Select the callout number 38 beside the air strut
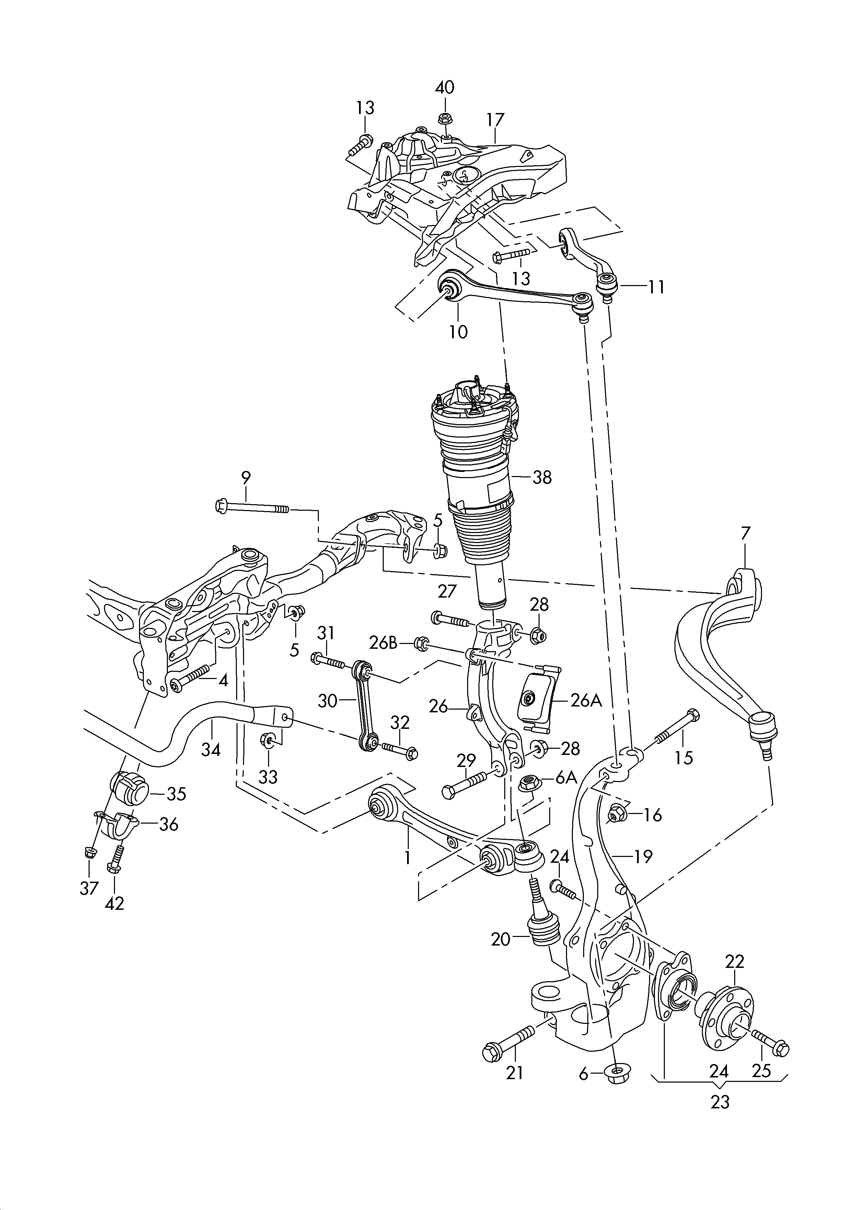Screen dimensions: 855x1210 (x=542, y=477)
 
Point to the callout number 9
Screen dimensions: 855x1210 (x=245, y=478)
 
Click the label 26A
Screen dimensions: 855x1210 (x=586, y=701)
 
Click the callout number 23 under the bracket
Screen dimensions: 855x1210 (x=720, y=1101)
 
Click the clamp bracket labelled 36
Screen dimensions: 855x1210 (x=118, y=827)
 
